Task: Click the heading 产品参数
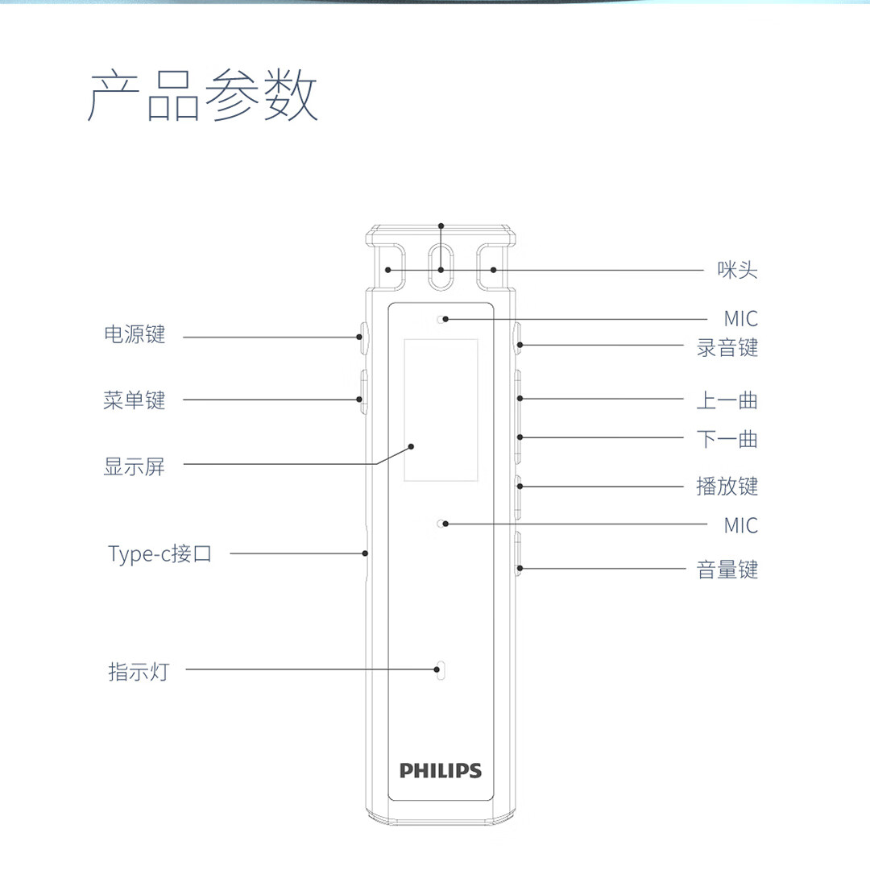tap(203, 97)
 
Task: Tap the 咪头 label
tap(737, 270)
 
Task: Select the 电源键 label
tap(135, 335)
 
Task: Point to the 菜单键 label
tap(135, 400)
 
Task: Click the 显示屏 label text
tap(135, 466)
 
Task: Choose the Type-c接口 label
tap(160, 553)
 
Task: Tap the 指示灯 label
tap(139, 671)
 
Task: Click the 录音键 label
tap(727, 348)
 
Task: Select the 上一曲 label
tap(727, 400)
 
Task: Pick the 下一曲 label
tap(727, 440)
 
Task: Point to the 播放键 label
tap(727, 486)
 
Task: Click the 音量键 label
tap(727, 570)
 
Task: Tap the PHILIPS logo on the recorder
tap(441, 770)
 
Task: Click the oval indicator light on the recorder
tap(440, 669)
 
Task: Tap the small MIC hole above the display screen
tap(441, 320)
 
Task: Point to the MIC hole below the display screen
tap(441, 524)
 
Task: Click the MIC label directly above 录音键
tap(740, 318)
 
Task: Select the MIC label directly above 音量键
tap(740, 525)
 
